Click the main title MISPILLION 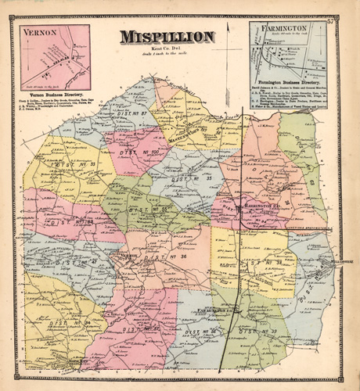[x=167, y=36]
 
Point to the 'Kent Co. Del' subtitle [x=167, y=48]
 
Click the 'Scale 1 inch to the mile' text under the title [x=167, y=55]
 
